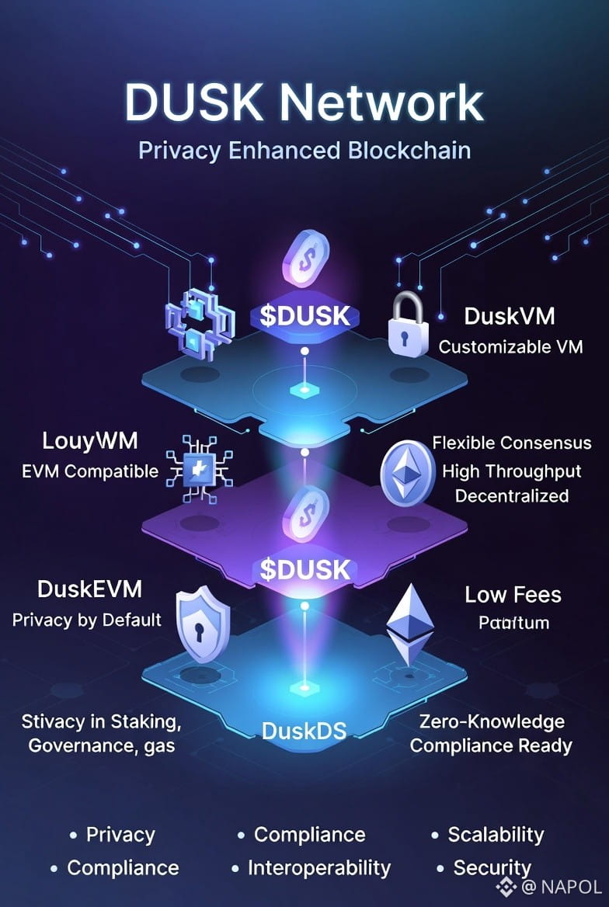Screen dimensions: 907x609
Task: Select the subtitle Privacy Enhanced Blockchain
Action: [304, 149]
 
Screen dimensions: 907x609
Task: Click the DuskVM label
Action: [510, 317]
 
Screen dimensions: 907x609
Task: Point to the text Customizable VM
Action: [510, 346]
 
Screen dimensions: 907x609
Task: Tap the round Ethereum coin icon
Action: [407, 473]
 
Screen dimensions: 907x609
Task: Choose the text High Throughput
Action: [512, 471]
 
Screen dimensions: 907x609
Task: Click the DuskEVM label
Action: [89, 589]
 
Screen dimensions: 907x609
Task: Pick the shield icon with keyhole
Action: [203, 624]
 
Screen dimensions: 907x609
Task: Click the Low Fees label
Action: [513, 595]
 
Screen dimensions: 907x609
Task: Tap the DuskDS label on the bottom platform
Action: [304, 730]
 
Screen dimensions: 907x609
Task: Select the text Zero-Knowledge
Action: [492, 721]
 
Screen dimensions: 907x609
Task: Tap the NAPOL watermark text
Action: [570, 887]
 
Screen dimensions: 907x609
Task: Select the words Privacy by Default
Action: [87, 619]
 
